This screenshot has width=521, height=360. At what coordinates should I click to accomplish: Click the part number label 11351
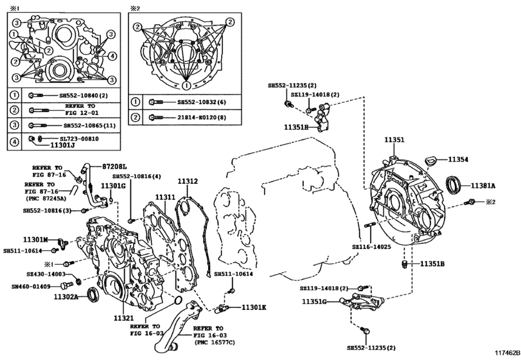tap(394, 139)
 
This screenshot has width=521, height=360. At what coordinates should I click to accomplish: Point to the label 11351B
tap(433, 264)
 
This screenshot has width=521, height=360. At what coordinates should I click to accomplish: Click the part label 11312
tap(188, 182)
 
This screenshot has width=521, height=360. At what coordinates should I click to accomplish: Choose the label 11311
tap(164, 197)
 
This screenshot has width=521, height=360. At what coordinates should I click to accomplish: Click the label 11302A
tap(66, 296)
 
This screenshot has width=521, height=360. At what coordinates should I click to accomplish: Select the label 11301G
tap(113, 186)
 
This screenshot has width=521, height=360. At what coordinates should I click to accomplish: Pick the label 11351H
tap(297, 127)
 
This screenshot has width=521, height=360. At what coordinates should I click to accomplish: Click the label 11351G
tap(315, 301)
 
